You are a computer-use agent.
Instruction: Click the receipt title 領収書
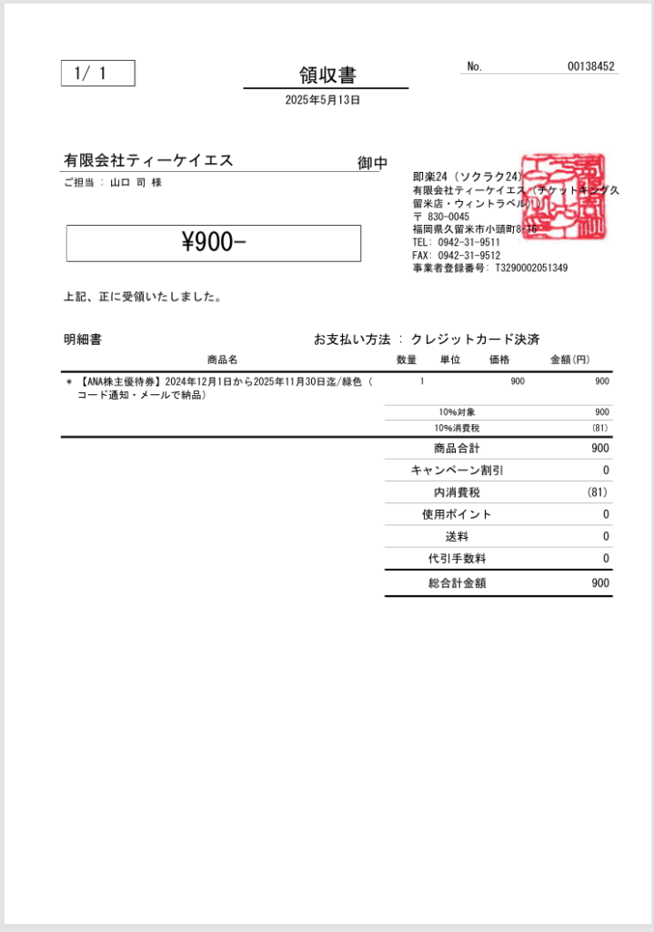(x=326, y=75)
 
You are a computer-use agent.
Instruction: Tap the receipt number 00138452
(x=590, y=66)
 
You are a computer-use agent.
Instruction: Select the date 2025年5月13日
(x=323, y=100)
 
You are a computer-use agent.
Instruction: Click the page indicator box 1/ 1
(x=97, y=74)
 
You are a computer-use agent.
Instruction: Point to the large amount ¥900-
(x=214, y=242)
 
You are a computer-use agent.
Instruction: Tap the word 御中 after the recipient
(x=373, y=163)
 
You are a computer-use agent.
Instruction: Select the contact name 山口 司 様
(x=136, y=182)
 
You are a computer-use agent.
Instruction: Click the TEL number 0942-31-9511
(x=468, y=243)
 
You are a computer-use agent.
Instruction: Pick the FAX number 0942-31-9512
(x=468, y=256)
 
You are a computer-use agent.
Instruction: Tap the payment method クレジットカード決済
(x=475, y=339)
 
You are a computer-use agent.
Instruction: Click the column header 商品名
(x=222, y=360)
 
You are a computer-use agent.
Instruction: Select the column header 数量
(x=407, y=360)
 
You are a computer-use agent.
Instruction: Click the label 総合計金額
(x=457, y=583)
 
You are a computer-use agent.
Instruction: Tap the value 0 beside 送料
(x=606, y=536)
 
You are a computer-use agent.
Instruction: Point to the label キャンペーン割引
(x=457, y=471)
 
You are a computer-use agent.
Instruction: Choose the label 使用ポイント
(x=457, y=514)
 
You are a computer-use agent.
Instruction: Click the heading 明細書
(x=83, y=339)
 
